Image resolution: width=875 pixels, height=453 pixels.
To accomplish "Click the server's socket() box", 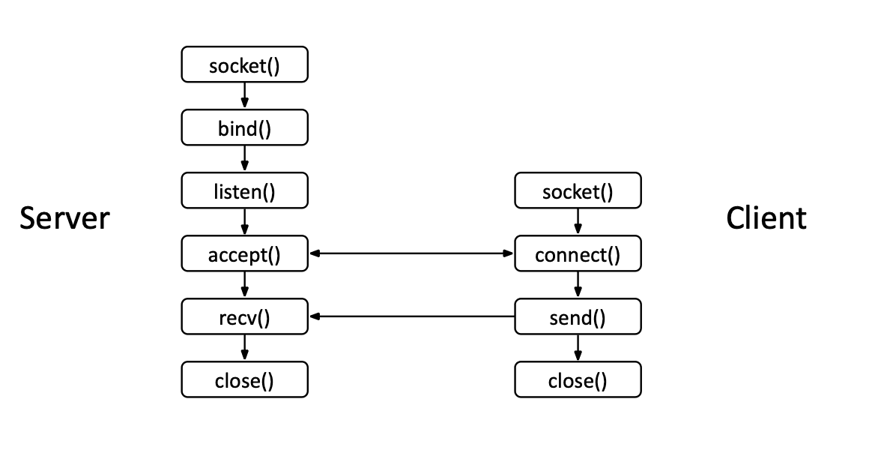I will point(244,66).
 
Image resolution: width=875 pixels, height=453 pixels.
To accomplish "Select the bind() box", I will point(244,128).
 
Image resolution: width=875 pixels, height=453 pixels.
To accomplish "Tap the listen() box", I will point(244,191).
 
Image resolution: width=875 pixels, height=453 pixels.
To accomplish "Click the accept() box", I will point(244,255).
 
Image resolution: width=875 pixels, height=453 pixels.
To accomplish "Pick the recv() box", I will point(244,317).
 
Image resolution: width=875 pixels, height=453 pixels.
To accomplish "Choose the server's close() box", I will point(244,380).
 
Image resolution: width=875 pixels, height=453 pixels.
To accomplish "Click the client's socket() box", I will point(578,191).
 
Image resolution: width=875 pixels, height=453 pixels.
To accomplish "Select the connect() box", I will point(578,255).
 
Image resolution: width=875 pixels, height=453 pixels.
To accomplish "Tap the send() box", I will point(578,317).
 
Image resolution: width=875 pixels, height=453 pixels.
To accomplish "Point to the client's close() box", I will point(578,380).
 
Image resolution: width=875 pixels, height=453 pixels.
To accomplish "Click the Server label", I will point(64,218).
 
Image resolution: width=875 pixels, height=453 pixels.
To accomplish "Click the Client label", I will point(766,218).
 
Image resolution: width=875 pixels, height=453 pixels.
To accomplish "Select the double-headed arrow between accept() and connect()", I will point(411,254).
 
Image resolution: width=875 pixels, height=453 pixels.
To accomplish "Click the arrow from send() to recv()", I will point(411,317).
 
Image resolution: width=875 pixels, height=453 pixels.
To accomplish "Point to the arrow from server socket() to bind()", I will point(244,97).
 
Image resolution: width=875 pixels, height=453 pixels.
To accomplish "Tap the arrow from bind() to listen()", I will point(244,160).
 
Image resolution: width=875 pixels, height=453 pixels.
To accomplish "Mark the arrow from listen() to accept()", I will point(244,223).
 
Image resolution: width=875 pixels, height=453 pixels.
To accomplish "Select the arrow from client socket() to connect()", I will point(578,223).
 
